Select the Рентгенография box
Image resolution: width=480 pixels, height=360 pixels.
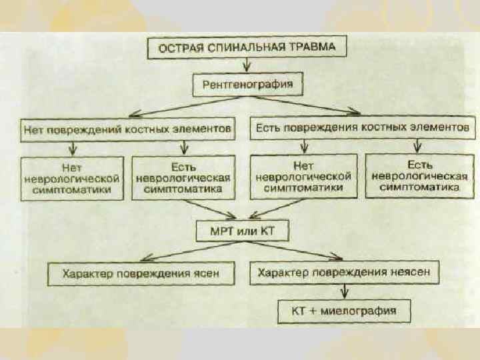coord(247,85)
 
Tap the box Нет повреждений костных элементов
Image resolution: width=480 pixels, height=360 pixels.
coord(127,126)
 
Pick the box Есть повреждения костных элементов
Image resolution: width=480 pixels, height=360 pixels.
coord(363,126)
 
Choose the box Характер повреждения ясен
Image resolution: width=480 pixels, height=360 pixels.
coord(141,273)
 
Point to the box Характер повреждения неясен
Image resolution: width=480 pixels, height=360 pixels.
coord(344,273)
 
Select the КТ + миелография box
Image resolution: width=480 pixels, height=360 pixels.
coord(344,310)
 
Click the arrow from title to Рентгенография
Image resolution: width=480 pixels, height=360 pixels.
coord(247,65)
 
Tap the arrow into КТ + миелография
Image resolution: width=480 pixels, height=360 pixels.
coord(345,291)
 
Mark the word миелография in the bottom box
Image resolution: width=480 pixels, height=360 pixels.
coord(363,310)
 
